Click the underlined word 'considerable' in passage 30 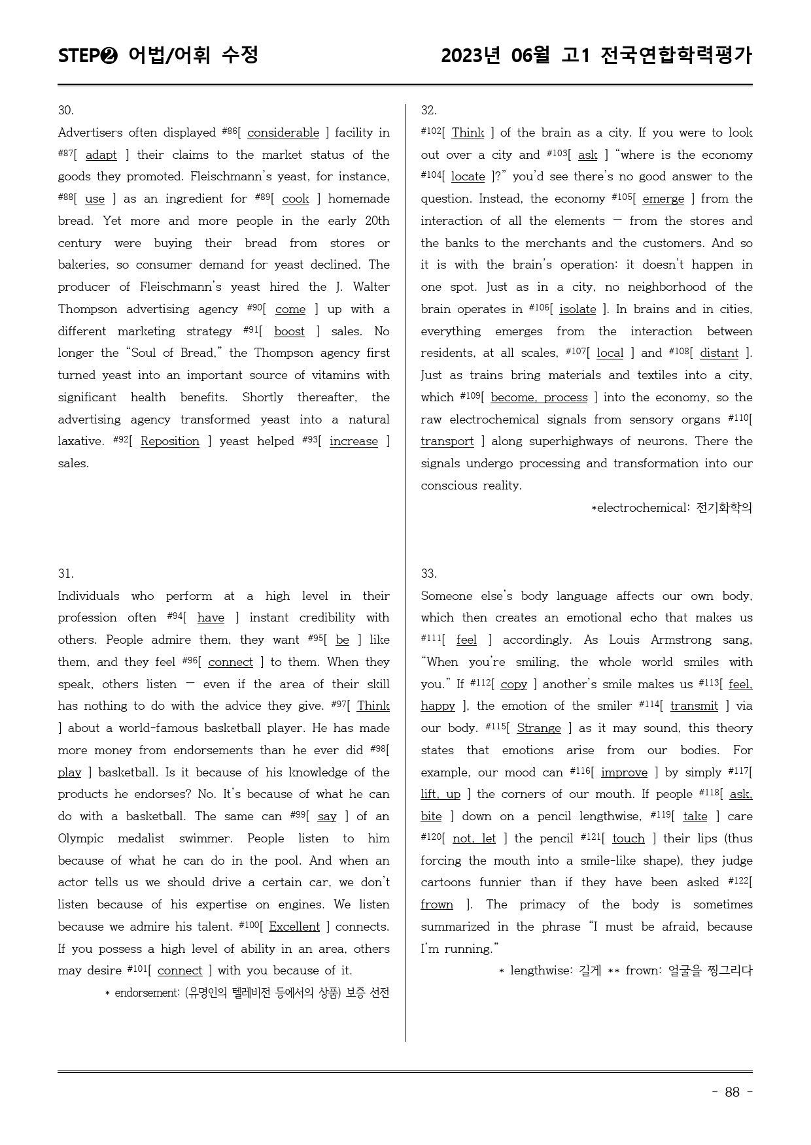pos(283,133)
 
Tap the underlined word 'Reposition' pos(170,442)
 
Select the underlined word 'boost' pos(289,332)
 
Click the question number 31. pos(65,574)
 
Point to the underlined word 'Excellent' pos(294,927)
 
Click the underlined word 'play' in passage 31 pos(69,773)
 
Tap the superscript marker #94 pos(175,616)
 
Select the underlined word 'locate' pos(468,177)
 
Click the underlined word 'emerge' pos(663,199)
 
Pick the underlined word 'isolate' pos(578,310)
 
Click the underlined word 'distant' pos(719,354)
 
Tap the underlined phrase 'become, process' pos(539,398)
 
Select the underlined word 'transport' pos(447,442)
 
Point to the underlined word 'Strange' pos(539,729)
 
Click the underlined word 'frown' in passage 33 pos(437,905)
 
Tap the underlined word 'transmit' pos(694,706)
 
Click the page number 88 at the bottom pos(732,1092)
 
